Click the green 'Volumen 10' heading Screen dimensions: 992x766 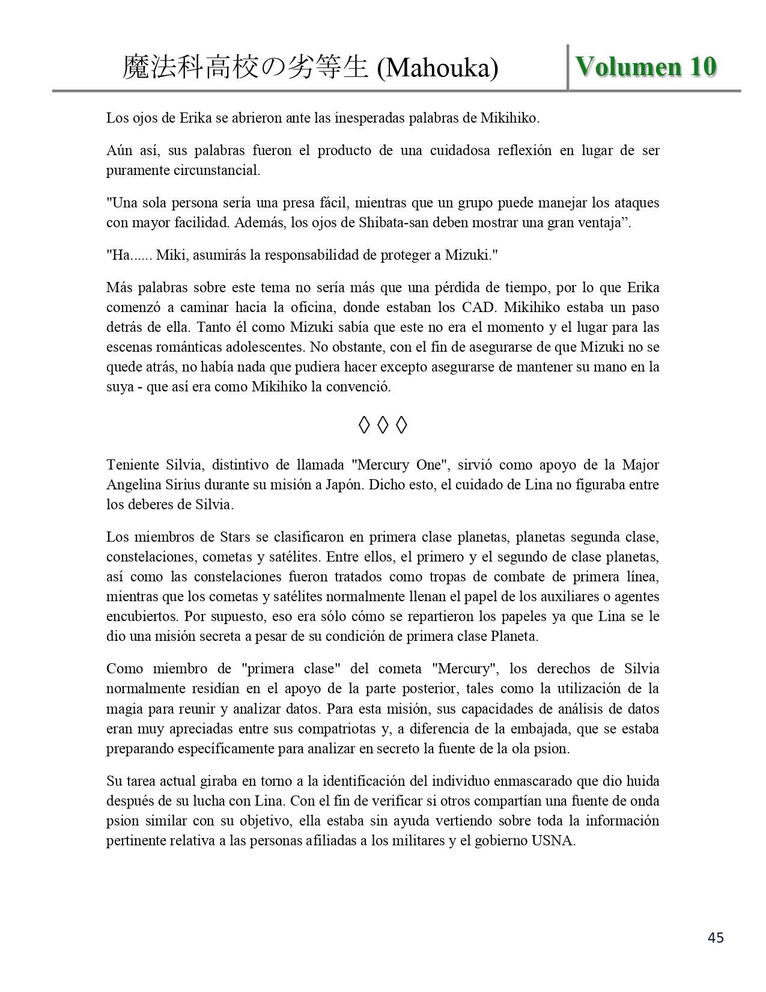point(646,67)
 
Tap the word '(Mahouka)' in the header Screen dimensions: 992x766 point(437,69)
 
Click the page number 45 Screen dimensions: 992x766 point(716,937)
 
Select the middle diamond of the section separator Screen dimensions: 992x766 point(383,426)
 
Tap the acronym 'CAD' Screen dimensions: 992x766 point(479,307)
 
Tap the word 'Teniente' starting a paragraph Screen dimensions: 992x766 point(132,465)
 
